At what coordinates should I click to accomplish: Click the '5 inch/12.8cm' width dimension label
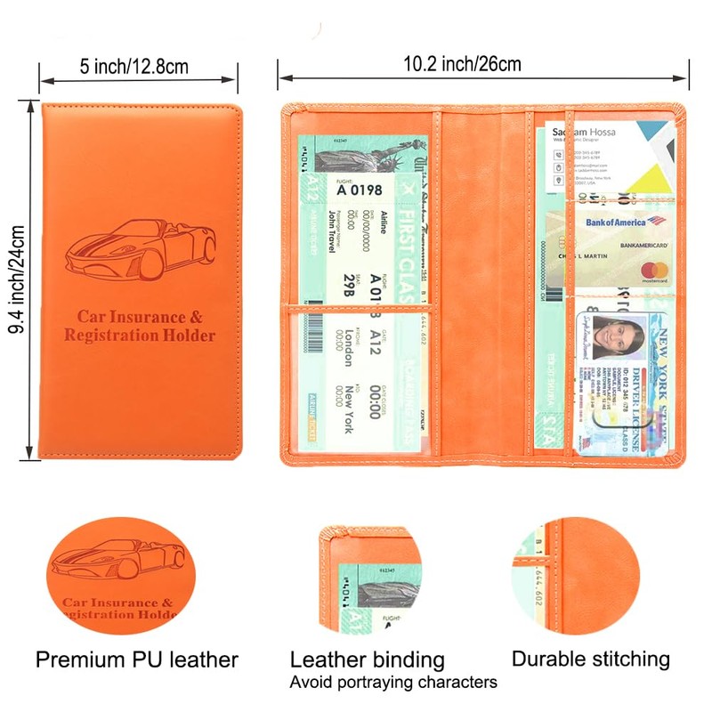[134, 67]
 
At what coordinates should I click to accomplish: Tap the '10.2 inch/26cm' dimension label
[462, 63]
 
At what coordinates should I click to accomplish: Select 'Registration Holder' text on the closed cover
[140, 336]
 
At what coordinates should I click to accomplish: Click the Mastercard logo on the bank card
[653, 271]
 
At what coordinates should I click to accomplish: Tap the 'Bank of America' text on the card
[615, 221]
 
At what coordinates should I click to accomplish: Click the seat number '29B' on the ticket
[348, 284]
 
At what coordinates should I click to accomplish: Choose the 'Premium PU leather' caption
[137, 659]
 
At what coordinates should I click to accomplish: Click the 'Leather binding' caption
[367, 659]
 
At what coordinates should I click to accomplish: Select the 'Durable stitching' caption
[590, 659]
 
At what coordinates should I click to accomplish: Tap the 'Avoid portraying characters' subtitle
[393, 683]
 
